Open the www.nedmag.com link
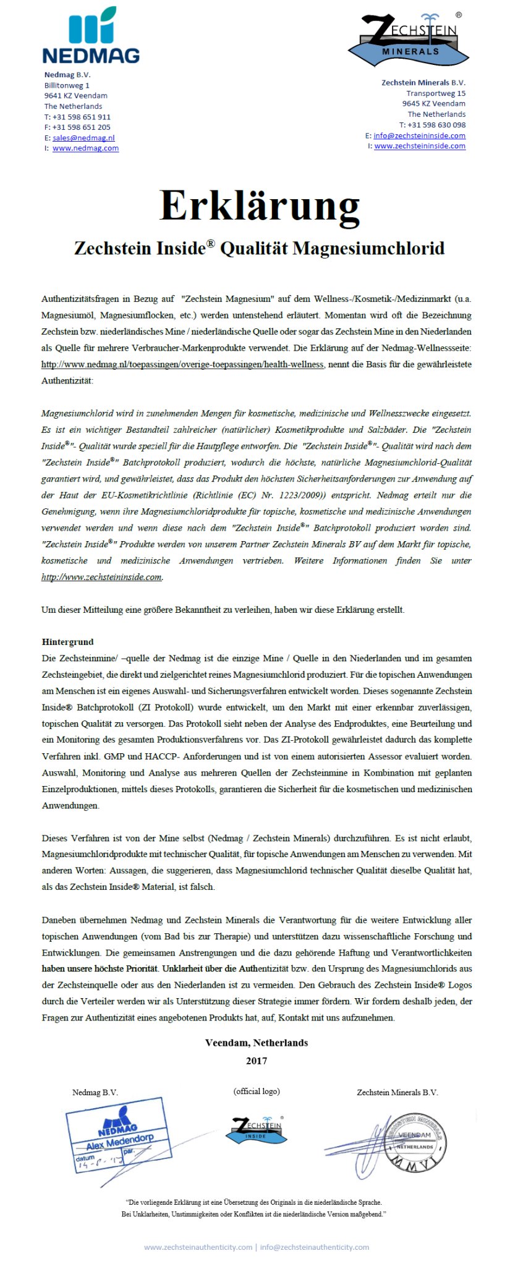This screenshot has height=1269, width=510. tap(85, 148)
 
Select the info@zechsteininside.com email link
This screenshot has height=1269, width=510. tap(419, 135)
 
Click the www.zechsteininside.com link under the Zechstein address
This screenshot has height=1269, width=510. tap(419, 146)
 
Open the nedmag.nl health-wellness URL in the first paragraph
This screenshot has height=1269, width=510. tap(182, 365)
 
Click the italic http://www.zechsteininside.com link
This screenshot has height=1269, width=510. tap(102, 577)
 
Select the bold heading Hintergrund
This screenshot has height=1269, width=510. tap(68, 642)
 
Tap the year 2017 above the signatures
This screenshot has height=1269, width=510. tap(257, 1061)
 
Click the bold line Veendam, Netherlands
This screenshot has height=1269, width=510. tap(257, 1043)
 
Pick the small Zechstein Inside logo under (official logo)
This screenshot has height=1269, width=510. tap(256, 1130)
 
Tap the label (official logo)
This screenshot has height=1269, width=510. tap(257, 1092)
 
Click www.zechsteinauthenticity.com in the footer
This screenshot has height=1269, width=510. tap(198, 1247)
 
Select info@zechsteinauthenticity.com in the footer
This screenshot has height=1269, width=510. tap(315, 1247)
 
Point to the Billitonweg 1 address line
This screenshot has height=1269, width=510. tap(67, 85)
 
